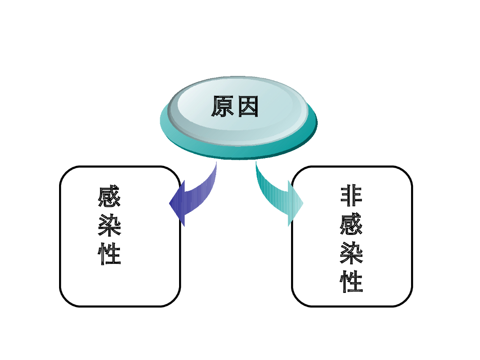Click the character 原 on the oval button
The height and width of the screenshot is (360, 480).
(x=223, y=107)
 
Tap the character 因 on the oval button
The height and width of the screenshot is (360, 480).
(x=248, y=107)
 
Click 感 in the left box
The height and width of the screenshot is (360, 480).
(x=110, y=197)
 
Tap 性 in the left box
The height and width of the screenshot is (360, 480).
(x=110, y=254)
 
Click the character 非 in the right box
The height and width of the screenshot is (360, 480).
(x=352, y=196)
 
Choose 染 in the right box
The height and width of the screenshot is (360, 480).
(x=352, y=253)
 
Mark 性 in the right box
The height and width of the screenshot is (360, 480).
(x=352, y=282)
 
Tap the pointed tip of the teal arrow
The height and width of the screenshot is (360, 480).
(x=302, y=203)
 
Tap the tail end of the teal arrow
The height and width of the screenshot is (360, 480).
(x=256, y=165)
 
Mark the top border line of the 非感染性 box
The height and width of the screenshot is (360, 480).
(x=352, y=167)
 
